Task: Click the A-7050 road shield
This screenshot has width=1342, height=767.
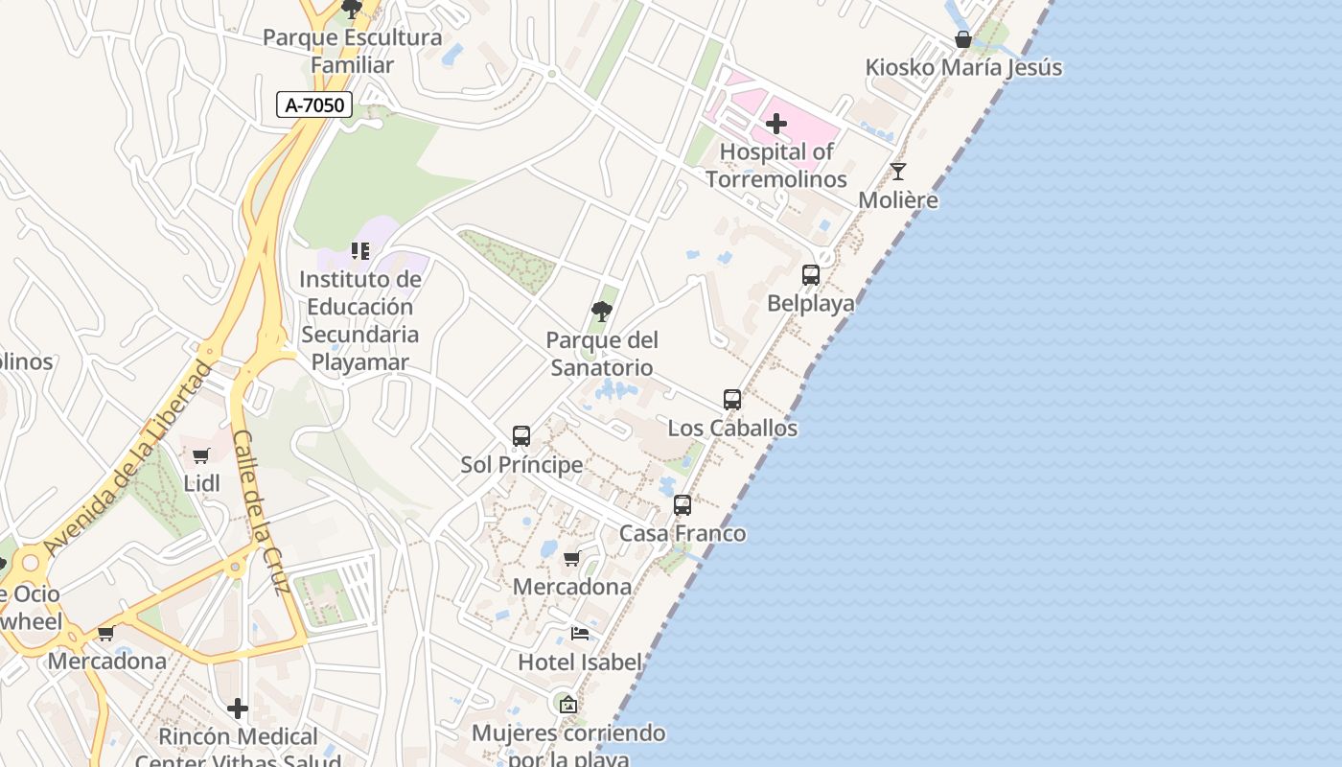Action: pyautogui.click(x=314, y=105)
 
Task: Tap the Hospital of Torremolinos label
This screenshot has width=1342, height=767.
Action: pyautogui.click(x=776, y=166)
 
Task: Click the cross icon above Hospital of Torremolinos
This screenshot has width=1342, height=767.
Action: pyautogui.click(x=776, y=124)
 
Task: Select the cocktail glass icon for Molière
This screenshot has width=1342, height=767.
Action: pyautogui.click(x=898, y=172)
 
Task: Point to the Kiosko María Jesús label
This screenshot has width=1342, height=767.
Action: pyautogui.click(x=963, y=68)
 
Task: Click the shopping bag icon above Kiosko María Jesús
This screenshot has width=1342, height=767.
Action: pyautogui.click(x=963, y=40)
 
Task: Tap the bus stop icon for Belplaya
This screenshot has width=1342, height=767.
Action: pyautogui.click(x=811, y=275)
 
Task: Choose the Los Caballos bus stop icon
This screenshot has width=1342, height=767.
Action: pyautogui.click(x=732, y=400)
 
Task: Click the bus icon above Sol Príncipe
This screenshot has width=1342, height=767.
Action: pyautogui.click(x=521, y=436)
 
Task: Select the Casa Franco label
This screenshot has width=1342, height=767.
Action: pyautogui.click(x=683, y=533)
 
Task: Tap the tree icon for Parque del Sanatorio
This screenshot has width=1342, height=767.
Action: pyautogui.click(x=602, y=312)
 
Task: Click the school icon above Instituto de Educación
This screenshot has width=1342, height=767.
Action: pyautogui.click(x=360, y=251)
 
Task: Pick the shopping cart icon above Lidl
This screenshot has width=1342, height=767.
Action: pyautogui.click(x=201, y=456)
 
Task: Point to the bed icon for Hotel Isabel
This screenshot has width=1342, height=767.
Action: pyautogui.click(x=580, y=634)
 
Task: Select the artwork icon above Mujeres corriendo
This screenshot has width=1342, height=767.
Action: pyautogui.click(x=568, y=705)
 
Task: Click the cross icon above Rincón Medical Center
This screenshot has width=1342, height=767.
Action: pyautogui.click(x=238, y=709)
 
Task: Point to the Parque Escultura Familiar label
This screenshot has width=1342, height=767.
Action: pyautogui.click(x=353, y=52)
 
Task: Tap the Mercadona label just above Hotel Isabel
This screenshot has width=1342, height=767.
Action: pyautogui.click(x=572, y=587)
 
